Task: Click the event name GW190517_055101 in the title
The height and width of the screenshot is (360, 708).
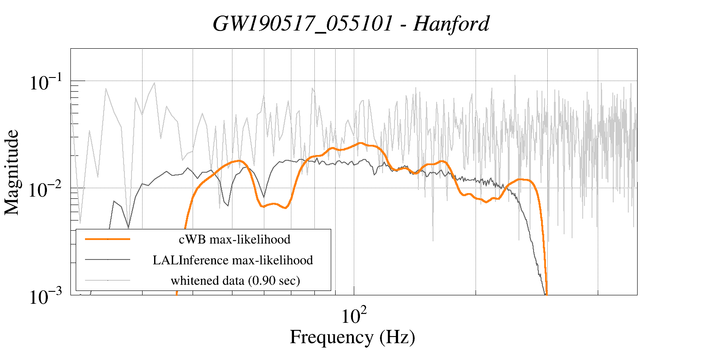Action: click(x=302, y=23)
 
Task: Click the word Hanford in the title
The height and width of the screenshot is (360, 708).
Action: click(x=451, y=23)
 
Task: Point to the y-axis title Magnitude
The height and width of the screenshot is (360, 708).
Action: click(x=12, y=172)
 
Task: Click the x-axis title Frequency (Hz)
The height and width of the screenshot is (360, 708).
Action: click(x=352, y=337)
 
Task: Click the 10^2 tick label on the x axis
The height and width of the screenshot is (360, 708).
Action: click(x=354, y=315)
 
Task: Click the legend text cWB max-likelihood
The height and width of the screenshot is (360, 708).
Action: click(x=234, y=240)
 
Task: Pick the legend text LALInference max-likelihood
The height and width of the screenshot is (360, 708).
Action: click(x=233, y=260)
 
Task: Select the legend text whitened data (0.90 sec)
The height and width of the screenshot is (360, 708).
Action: click(x=235, y=280)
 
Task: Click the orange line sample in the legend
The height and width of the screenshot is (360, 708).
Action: click(x=108, y=239)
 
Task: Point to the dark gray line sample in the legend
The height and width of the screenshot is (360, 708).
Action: click(x=108, y=259)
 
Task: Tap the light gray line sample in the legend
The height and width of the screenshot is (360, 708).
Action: click(x=108, y=280)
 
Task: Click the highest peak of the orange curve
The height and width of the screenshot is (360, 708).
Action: click(x=361, y=143)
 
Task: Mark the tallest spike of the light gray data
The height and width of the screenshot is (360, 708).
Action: click(x=515, y=76)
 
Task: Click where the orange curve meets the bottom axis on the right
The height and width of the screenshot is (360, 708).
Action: click(x=547, y=294)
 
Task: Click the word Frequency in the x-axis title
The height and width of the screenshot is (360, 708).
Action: click(x=331, y=337)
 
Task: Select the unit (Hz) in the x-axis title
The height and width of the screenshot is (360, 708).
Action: click(x=397, y=337)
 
